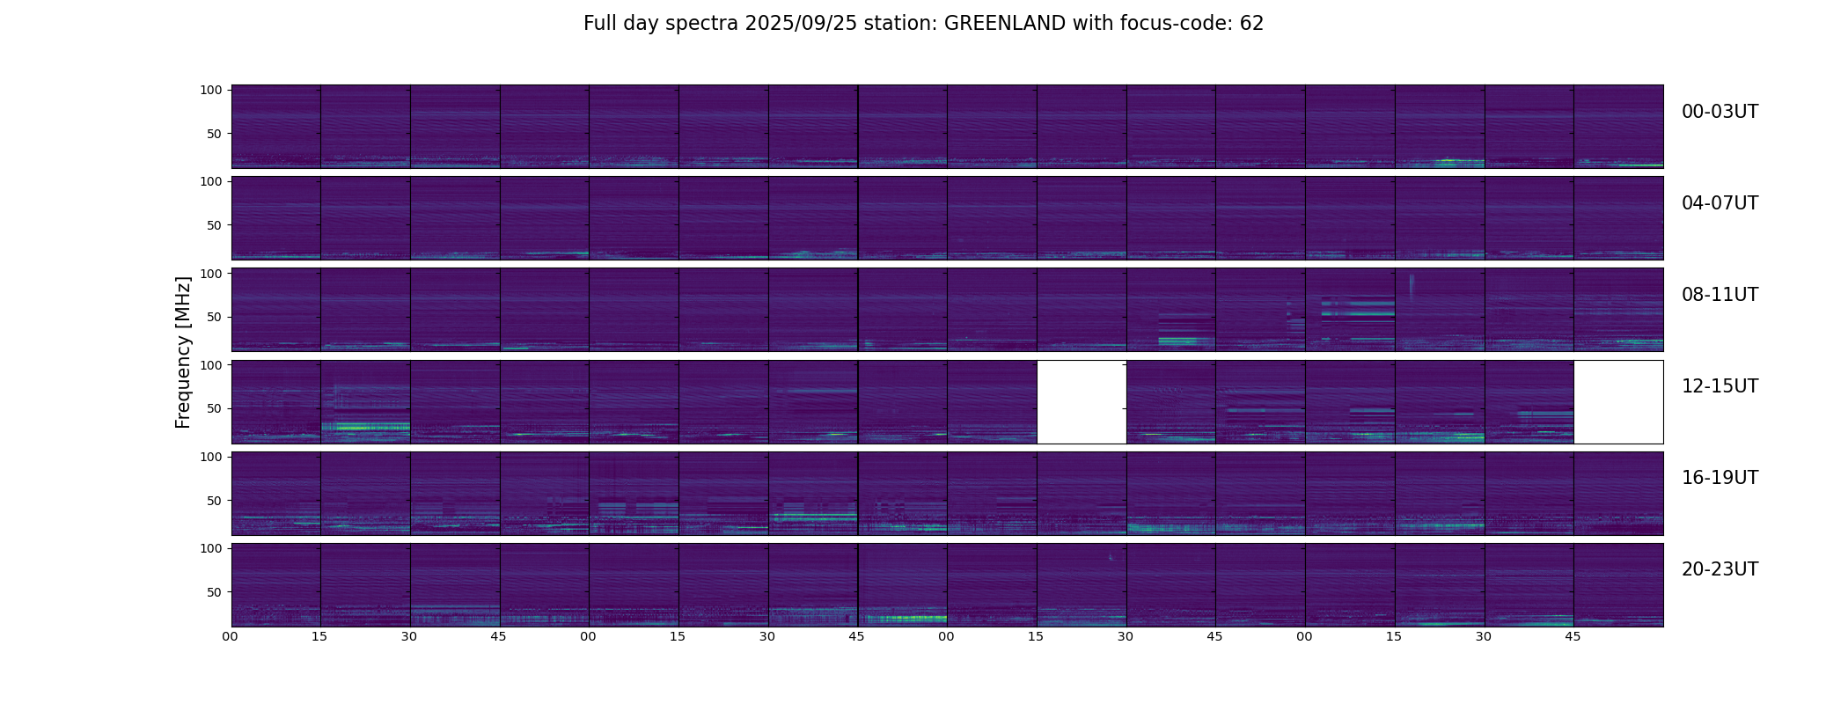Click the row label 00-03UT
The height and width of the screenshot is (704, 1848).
pyautogui.click(x=1720, y=112)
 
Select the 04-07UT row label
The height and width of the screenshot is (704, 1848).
pyautogui.click(x=1720, y=203)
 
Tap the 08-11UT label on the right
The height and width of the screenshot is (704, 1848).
pyautogui.click(x=1720, y=295)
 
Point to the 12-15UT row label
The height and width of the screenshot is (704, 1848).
pyautogui.click(x=1720, y=386)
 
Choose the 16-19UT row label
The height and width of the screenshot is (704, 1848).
pyautogui.click(x=1720, y=478)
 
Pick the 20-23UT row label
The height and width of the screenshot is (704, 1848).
pyautogui.click(x=1720, y=569)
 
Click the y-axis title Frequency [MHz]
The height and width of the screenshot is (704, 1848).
pyautogui.click(x=183, y=352)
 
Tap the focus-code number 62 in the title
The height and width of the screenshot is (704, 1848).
pyautogui.click(x=1251, y=24)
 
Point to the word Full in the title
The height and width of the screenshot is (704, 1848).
pyautogui.click(x=600, y=24)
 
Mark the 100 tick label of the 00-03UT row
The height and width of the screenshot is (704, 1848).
pyautogui.click(x=211, y=90)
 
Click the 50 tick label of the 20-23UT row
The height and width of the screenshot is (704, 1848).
pyautogui.click(x=215, y=592)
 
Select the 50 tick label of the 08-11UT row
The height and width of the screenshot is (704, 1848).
pyautogui.click(x=215, y=317)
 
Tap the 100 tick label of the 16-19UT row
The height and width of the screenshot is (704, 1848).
pyautogui.click(x=211, y=457)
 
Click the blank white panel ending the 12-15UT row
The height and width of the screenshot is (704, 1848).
pyautogui.click(x=1618, y=402)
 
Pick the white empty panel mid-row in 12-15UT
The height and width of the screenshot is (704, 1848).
pyautogui.click(x=1082, y=402)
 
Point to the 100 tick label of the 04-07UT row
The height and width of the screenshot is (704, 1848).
pyautogui.click(x=211, y=181)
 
